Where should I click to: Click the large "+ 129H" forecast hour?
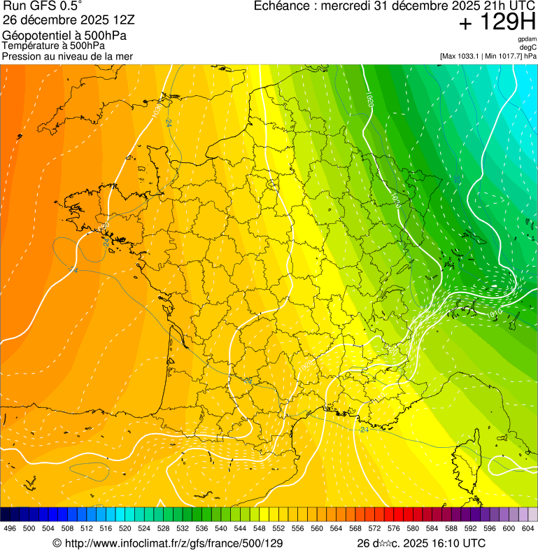pyautogui.click(x=497, y=22)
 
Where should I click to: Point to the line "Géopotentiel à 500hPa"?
pyautogui.click(x=59, y=35)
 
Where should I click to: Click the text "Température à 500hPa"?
pyautogui.click(x=54, y=45)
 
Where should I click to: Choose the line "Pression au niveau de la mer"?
pyautogui.click(x=67, y=56)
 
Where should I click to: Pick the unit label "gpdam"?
pyautogui.click(x=527, y=39)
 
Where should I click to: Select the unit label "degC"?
pyautogui.click(x=528, y=48)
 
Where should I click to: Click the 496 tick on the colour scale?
pyautogui.click(x=10, y=528)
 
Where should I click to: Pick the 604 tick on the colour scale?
pyautogui.click(x=528, y=528)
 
